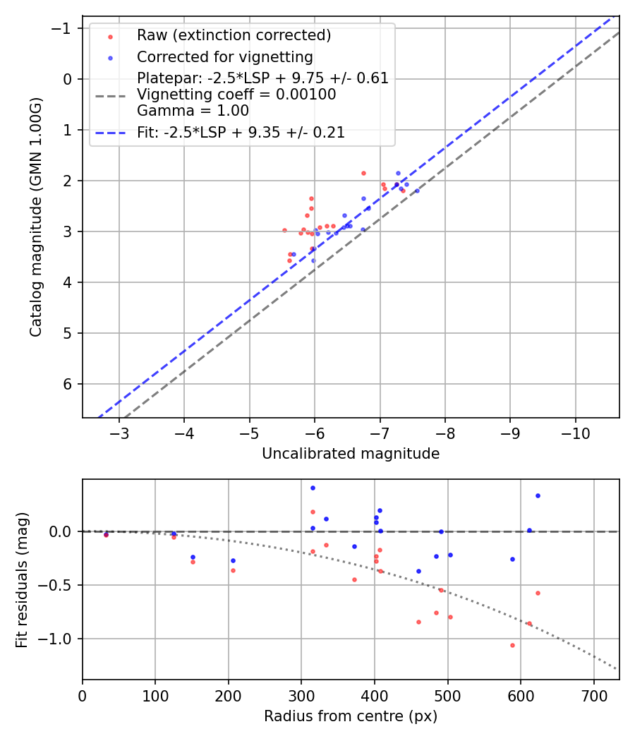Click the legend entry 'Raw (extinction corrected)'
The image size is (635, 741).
[234, 35]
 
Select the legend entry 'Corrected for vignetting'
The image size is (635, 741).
[225, 56]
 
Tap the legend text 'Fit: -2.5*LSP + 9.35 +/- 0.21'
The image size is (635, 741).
[241, 133]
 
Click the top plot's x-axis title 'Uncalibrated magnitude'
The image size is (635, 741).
[351, 454]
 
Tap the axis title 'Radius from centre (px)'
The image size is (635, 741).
[351, 716]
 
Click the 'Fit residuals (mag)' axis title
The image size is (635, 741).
[22, 579]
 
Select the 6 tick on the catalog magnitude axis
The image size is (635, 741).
[68, 384]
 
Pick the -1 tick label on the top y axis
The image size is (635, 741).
[64, 28]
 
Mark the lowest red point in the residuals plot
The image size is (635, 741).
[512, 645]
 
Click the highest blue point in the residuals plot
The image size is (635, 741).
[313, 488]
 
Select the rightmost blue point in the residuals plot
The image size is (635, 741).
[538, 495]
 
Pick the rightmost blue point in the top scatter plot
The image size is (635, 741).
[417, 191]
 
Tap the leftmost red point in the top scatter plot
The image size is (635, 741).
[284, 230]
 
